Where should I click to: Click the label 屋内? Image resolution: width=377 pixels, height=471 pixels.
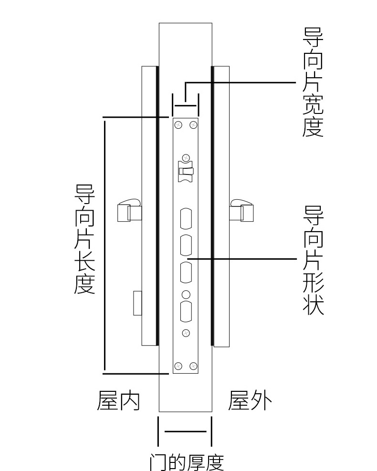[118, 400]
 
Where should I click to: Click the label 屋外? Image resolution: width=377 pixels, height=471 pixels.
[250, 400]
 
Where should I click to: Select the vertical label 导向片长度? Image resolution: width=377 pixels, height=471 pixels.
[85, 239]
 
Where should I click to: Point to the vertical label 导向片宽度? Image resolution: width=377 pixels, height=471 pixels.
[313, 82]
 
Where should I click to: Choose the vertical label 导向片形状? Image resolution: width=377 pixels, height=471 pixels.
[313, 260]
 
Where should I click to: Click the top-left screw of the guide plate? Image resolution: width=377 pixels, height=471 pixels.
[178, 124]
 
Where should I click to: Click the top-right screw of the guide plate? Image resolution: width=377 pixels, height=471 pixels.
[193, 124]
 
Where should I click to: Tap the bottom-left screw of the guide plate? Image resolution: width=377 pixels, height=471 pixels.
[178, 366]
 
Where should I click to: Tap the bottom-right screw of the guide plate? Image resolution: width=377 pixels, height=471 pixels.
[193, 366]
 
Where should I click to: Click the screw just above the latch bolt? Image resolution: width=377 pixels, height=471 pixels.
[186, 158]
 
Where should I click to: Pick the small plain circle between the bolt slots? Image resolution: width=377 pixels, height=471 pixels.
[186, 295]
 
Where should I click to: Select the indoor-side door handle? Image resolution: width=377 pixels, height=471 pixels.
[129, 210]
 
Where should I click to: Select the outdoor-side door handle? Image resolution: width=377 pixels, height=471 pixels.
[241, 210]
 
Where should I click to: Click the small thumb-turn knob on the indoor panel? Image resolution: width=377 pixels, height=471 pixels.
[138, 303]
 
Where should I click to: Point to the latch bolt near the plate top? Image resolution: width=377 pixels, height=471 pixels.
[186, 172]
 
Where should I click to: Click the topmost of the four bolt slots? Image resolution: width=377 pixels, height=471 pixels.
[186, 218]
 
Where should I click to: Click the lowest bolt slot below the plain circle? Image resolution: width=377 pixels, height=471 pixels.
[186, 311]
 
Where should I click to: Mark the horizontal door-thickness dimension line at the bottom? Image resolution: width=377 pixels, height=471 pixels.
[186, 431]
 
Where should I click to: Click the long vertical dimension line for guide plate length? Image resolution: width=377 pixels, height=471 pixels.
[105, 246]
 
